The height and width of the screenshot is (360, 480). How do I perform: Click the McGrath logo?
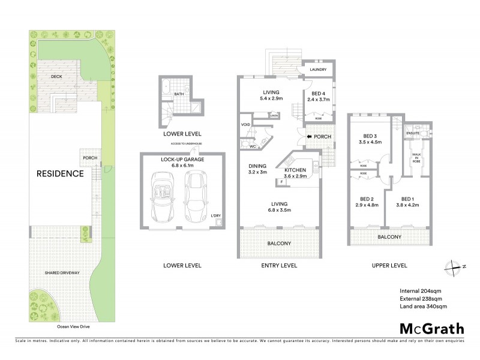[431, 328]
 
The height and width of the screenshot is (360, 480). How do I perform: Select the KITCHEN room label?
[295, 170]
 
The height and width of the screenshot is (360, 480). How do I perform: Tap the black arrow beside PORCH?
[309, 137]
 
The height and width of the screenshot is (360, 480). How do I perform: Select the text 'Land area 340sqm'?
[423, 307]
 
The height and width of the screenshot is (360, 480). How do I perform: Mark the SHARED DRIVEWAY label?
[62, 273]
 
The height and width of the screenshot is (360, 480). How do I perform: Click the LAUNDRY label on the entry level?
[318, 70]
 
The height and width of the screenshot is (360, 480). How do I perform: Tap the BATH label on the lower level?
[179, 94]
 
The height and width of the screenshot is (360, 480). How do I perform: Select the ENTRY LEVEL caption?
[277, 265]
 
